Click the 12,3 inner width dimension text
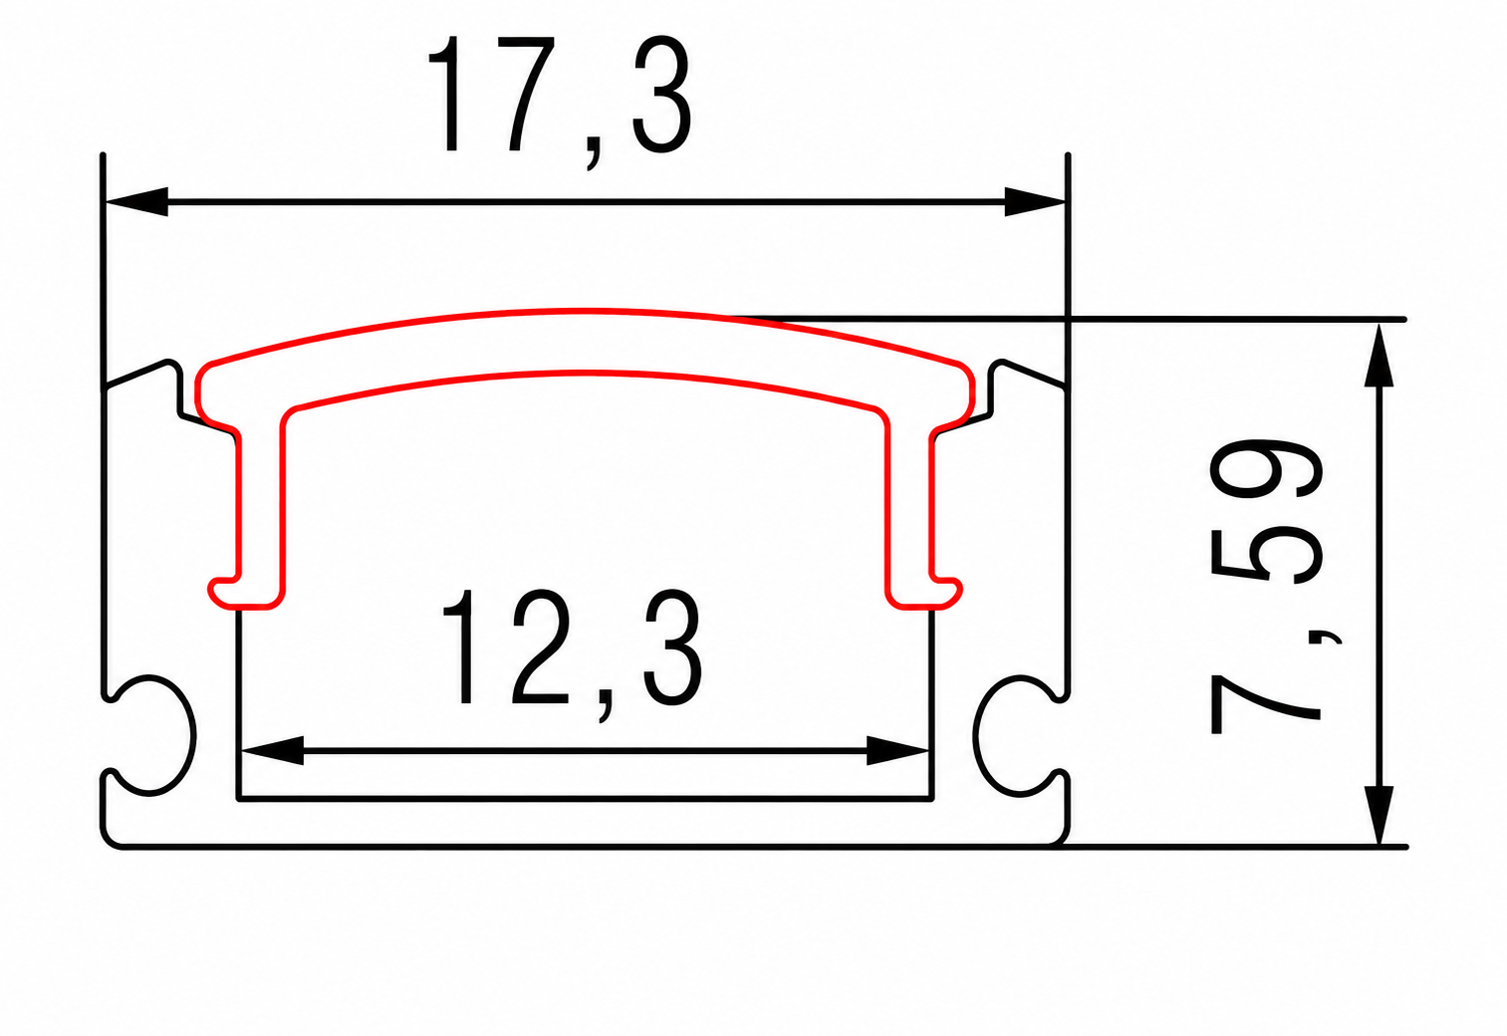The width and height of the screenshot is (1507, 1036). (x=573, y=655)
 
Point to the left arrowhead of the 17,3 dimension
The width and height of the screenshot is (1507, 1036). (x=136, y=201)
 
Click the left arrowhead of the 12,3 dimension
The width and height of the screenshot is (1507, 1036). (x=273, y=750)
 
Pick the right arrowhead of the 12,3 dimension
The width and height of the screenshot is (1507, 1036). (x=897, y=750)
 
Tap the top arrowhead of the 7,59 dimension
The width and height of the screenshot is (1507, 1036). (x=1379, y=356)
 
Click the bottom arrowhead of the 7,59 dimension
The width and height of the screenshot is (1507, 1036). (x=1379, y=815)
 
